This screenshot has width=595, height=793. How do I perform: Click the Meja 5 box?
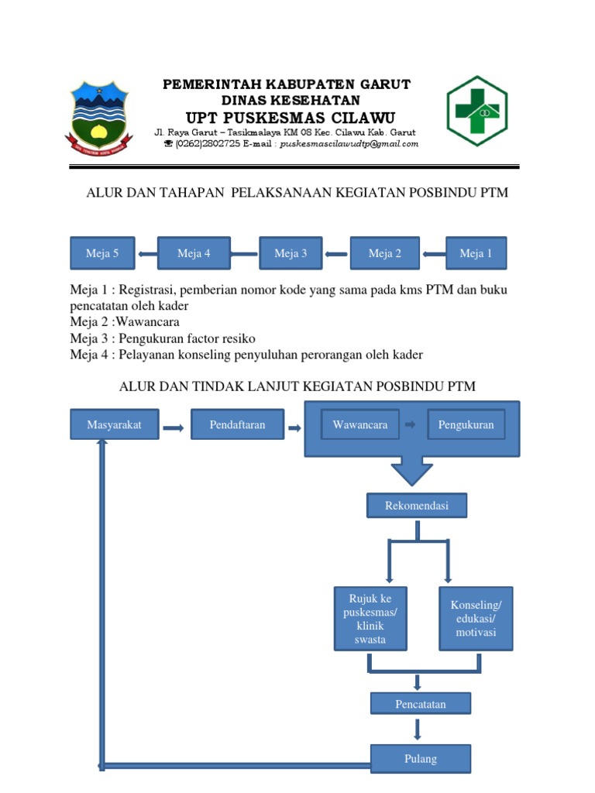click(102, 253)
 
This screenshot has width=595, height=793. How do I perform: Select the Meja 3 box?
click(290, 253)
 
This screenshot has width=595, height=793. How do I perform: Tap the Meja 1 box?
click(476, 253)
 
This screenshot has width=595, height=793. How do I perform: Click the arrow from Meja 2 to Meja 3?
click(335, 254)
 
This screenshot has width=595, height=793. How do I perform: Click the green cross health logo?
click(476, 111)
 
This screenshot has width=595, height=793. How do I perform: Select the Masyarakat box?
click(114, 425)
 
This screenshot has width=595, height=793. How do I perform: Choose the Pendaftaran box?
click(237, 425)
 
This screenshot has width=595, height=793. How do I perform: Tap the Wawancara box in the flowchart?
click(359, 425)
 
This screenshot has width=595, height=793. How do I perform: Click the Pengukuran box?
click(466, 425)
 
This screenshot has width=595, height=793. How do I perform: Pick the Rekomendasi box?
click(416, 506)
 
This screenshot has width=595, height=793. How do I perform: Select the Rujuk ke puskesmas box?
click(370, 618)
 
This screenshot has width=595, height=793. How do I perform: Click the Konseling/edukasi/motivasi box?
click(476, 618)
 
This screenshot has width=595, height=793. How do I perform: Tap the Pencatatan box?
click(419, 703)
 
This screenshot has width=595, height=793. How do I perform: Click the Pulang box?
click(420, 758)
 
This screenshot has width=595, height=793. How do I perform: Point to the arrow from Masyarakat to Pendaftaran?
click(173, 426)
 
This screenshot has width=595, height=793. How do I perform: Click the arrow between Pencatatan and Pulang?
click(418, 729)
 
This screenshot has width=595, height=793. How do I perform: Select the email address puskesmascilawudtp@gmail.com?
click(349, 144)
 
